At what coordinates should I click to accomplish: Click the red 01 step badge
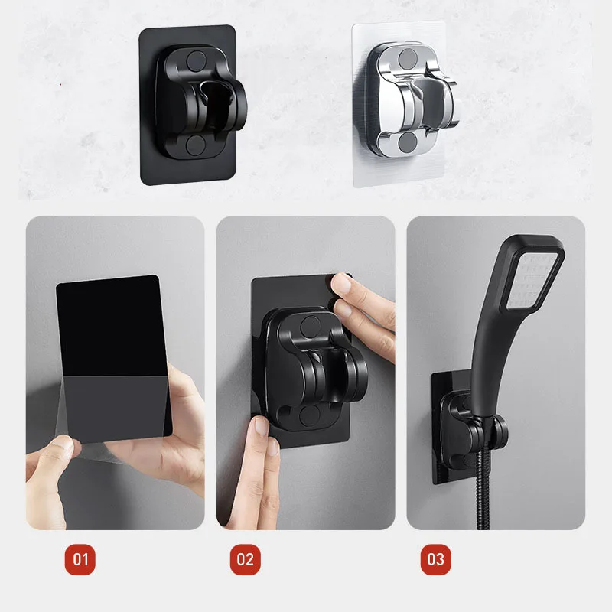pyautogui.click(x=80, y=559)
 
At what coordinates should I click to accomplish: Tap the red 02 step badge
pyautogui.click(x=245, y=559)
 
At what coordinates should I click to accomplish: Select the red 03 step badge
pyautogui.click(x=435, y=559)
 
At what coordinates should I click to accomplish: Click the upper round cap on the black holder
pyautogui.click(x=196, y=60)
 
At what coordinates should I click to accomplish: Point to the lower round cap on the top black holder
pyautogui.click(x=195, y=145)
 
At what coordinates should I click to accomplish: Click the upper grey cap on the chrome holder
pyautogui.click(x=408, y=58)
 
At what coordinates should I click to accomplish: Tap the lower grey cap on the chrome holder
pyautogui.click(x=408, y=142)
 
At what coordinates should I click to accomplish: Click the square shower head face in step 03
pyautogui.click(x=533, y=279)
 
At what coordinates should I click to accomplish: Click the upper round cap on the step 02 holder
pyautogui.click(x=311, y=327)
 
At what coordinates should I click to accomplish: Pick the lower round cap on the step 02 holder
pyautogui.click(x=310, y=415)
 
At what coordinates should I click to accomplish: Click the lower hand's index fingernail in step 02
pyautogui.click(x=261, y=426)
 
